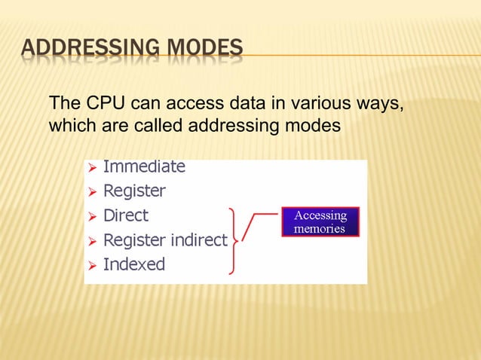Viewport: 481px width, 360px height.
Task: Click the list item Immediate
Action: [x=143, y=166]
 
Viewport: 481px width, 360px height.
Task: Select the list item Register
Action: [x=133, y=191]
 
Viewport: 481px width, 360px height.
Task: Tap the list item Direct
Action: [x=125, y=215]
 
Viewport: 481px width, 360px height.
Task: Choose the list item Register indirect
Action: [x=164, y=240]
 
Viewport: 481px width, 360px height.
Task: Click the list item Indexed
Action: [x=133, y=264]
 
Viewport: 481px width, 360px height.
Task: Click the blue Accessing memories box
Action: [x=320, y=221]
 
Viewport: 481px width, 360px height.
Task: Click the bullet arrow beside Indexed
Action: [x=90, y=265]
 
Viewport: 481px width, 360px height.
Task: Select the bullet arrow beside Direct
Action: [x=90, y=216]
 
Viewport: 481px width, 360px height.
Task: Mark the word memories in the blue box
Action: [x=320, y=228]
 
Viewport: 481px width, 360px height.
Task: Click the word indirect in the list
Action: [x=198, y=240]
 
